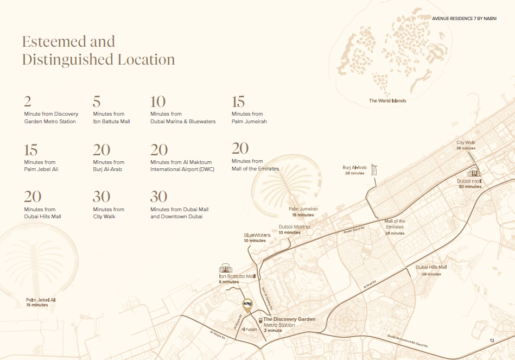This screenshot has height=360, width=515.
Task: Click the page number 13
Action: click(x=492, y=340)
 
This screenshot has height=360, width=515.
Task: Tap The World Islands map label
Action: click(x=387, y=101)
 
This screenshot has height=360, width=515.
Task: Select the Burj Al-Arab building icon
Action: click(x=373, y=169)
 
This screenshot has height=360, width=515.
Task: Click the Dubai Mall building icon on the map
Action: click(x=474, y=173)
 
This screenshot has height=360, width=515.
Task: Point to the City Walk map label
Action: click(x=466, y=143)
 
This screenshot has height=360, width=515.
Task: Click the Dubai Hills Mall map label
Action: click(x=431, y=267)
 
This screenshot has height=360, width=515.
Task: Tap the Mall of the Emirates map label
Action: click(x=395, y=224)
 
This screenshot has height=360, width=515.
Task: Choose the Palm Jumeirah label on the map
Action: click(x=303, y=209)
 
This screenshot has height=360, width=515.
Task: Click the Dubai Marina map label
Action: click(x=294, y=226)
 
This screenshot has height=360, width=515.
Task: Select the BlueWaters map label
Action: click(x=257, y=235)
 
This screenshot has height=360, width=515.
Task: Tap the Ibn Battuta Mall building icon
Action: click(x=225, y=269)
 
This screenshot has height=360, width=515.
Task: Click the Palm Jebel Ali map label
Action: click(x=41, y=300)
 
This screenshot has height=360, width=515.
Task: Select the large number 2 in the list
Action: click(x=27, y=102)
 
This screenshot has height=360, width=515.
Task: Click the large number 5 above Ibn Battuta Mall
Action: click(x=97, y=102)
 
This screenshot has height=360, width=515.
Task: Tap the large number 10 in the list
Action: click(x=158, y=102)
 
